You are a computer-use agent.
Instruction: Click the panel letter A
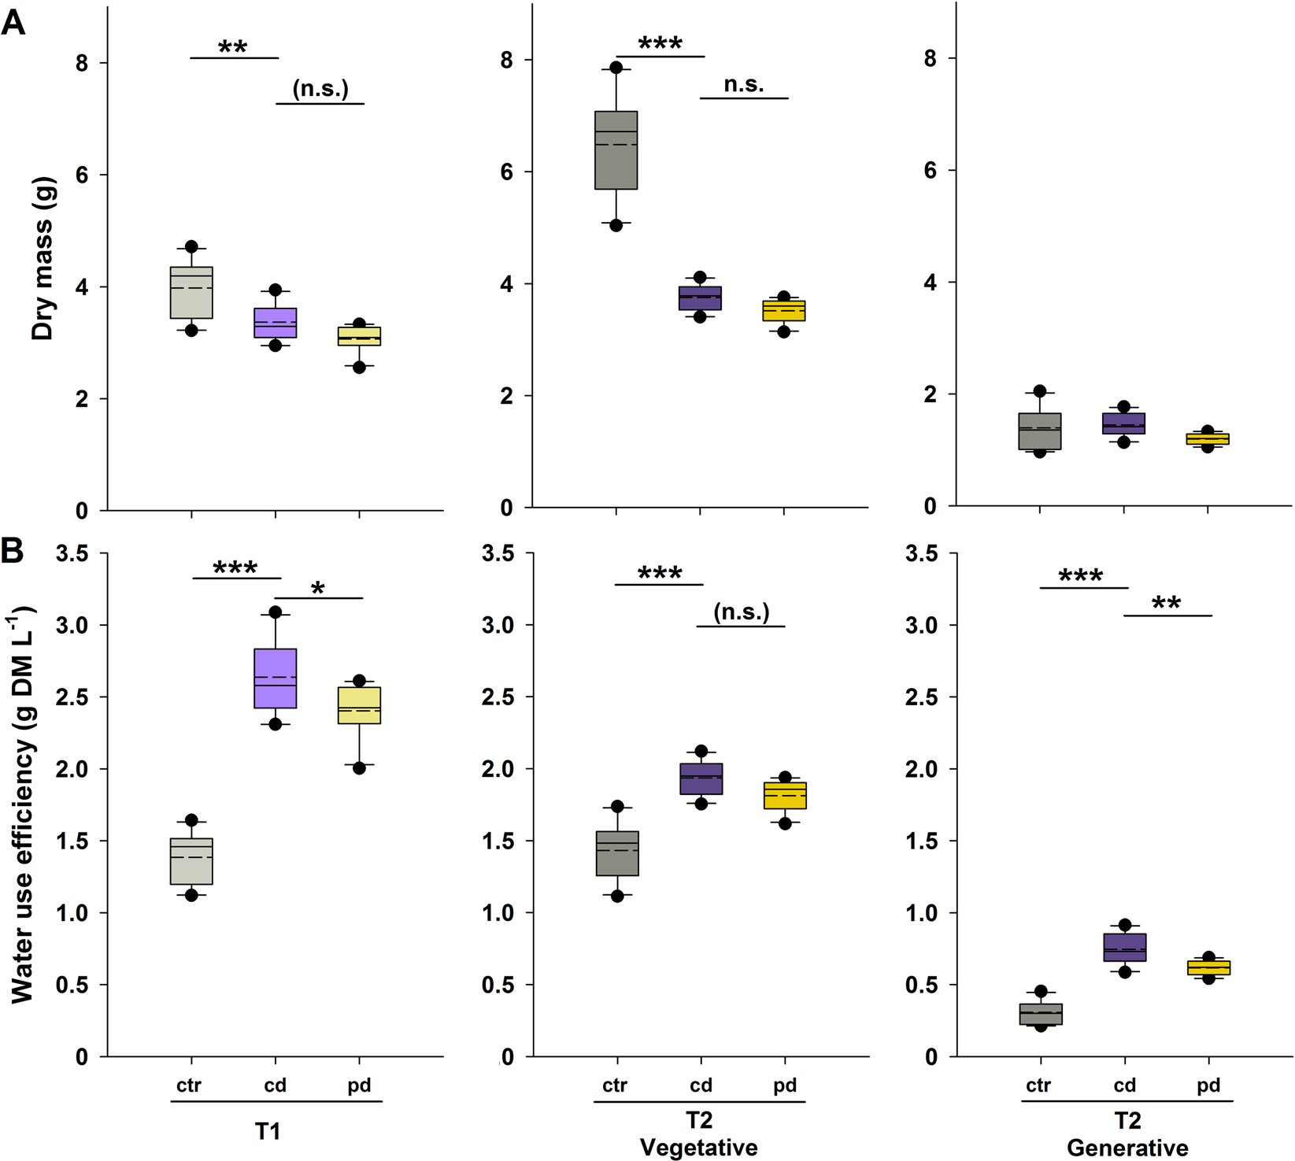[13, 23]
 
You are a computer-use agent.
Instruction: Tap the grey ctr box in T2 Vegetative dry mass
[616, 150]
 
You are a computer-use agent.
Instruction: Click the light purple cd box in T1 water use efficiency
[275, 678]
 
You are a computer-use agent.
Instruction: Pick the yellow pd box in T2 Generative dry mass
[1208, 438]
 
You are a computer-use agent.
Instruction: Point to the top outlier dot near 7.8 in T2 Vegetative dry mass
[616, 68]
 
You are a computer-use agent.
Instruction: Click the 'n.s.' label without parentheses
[743, 84]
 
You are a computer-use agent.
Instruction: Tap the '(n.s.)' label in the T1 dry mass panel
[320, 89]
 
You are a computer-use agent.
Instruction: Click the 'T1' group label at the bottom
[268, 1132]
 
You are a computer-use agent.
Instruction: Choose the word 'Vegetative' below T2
[698, 1148]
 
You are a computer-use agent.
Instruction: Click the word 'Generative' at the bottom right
[1127, 1148]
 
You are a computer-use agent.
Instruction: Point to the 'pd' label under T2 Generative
[1208, 1085]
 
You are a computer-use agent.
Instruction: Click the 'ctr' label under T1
[189, 1085]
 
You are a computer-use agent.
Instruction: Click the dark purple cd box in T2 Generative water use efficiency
[1124, 947]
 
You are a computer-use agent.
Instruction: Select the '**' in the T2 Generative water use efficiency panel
[1166, 605]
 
